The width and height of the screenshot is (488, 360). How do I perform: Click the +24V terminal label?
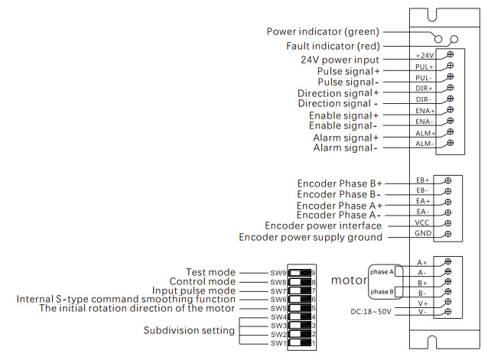click(x=425, y=55)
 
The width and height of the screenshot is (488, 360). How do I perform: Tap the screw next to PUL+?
click(x=451, y=66)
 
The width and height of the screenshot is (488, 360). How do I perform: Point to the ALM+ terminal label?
click(x=425, y=132)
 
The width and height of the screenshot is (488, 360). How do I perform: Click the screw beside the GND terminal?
click(x=448, y=233)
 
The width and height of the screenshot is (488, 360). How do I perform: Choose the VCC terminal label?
click(x=423, y=222)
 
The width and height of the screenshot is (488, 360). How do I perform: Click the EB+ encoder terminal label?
click(x=423, y=180)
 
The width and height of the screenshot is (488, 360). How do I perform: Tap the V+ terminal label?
click(x=422, y=303)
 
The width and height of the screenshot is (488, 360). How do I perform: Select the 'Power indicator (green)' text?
click(x=323, y=32)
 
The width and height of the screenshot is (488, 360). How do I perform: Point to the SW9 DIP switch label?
click(x=277, y=273)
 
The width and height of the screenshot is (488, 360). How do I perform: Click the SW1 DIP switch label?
click(x=277, y=344)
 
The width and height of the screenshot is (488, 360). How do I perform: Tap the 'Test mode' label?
click(x=210, y=273)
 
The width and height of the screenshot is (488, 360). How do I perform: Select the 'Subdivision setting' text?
click(x=189, y=331)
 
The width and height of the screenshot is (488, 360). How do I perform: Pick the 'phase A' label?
click(x=382, y=272)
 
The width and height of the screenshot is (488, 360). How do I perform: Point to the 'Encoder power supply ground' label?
click(x=311, y=238)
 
